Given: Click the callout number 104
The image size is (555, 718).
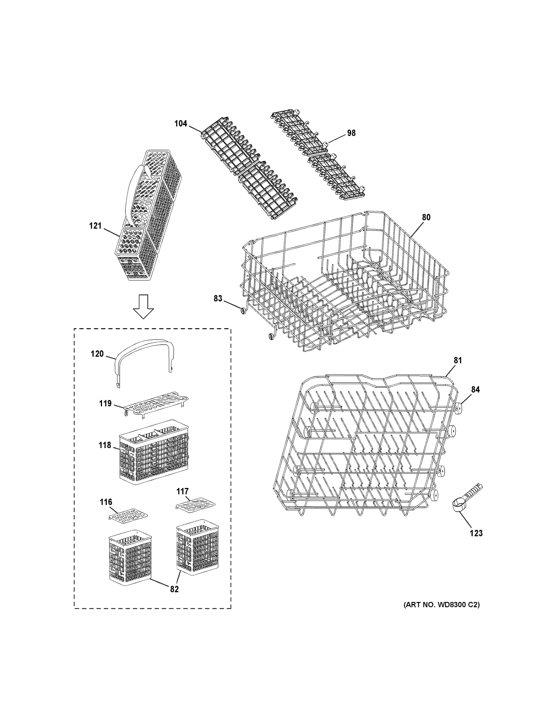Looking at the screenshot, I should (180, 124).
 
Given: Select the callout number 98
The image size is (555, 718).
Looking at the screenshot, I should (351, 133).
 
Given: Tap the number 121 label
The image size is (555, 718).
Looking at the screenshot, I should (95, 226).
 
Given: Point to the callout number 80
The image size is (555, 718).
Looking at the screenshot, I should (426, 217).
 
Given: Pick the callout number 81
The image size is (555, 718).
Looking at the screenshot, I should (458, 360).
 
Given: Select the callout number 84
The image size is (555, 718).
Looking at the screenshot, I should (475, 390).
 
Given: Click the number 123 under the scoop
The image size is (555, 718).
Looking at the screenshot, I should (476, 533).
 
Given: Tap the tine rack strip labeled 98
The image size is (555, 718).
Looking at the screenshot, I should (317, 154).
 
